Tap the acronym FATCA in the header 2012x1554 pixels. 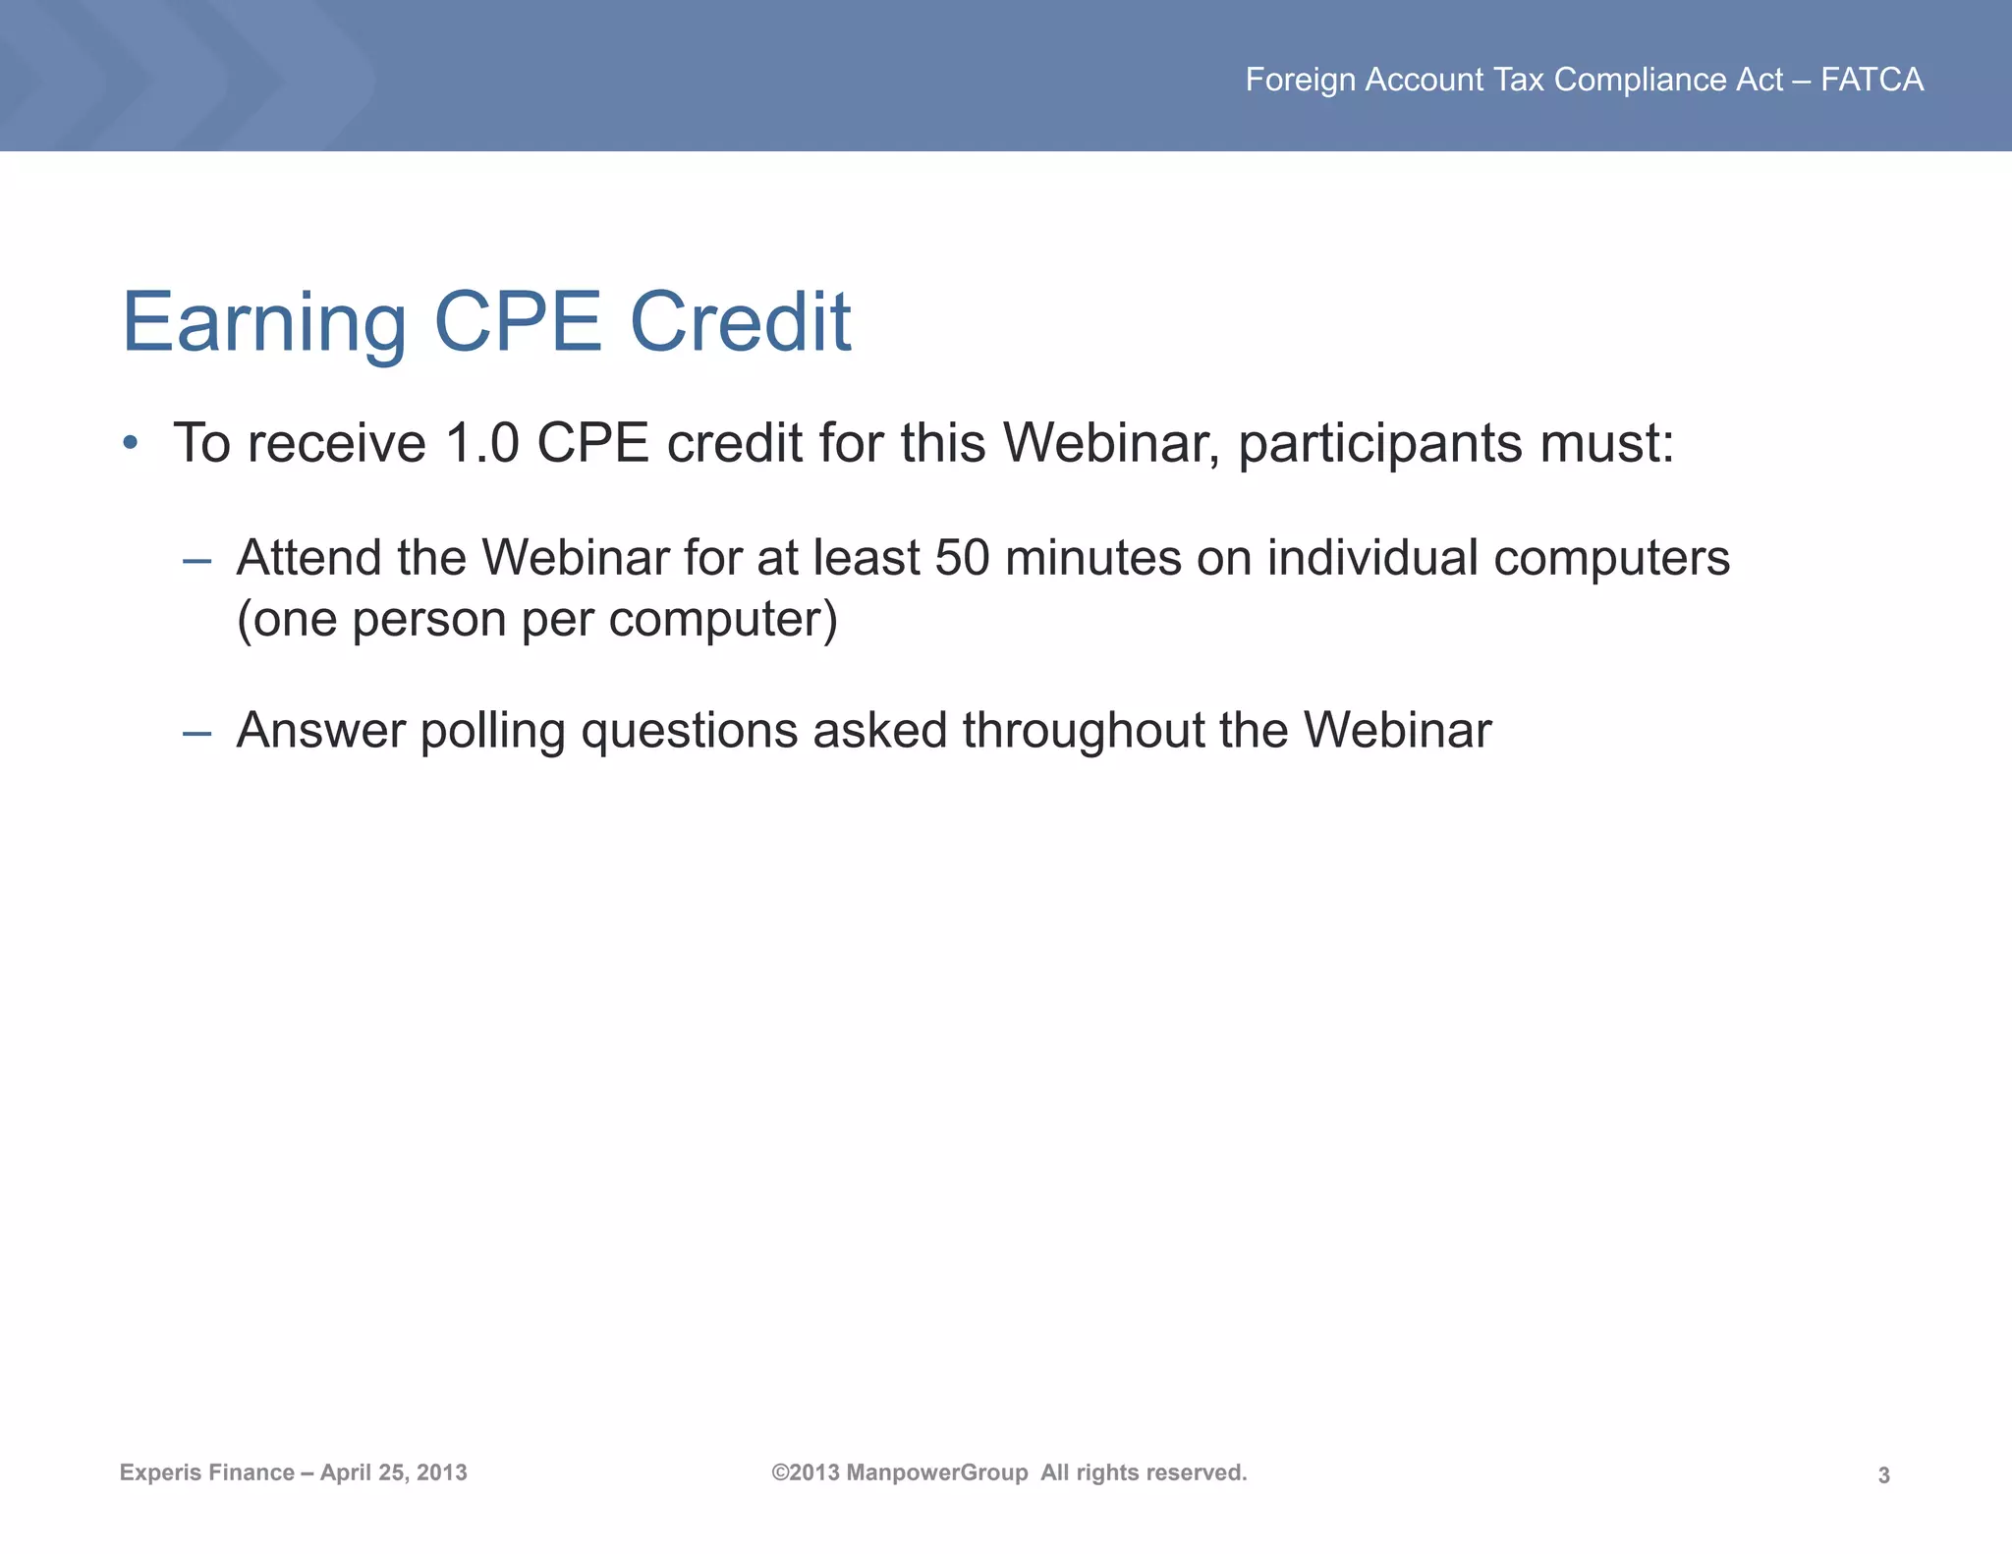pos(1872,80)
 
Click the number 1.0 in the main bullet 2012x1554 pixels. pos(481,443)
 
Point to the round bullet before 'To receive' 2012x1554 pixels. pos(130,443)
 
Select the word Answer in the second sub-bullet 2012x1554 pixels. pos(320,731)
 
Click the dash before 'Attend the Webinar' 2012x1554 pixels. pos(196,561)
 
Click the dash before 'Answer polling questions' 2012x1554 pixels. pos(196,733)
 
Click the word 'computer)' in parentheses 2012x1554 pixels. pos(722,620)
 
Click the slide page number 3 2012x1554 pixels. pos(1883,1474)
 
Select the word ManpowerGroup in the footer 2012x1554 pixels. pos(936,1472)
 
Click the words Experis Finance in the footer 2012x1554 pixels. pos(206,1472)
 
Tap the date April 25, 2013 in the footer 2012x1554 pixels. pos(393,1472)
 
